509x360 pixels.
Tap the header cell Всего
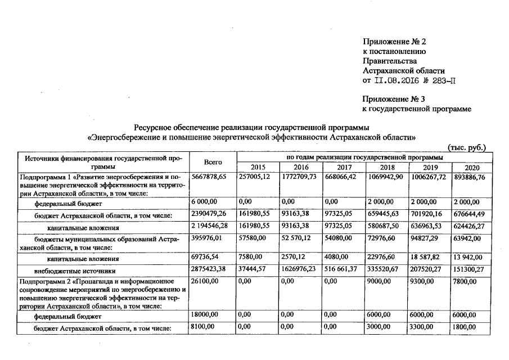213,163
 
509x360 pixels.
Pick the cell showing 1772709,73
301,177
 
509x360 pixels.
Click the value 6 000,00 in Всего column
204,201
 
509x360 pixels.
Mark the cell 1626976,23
301,269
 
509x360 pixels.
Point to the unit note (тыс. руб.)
466,148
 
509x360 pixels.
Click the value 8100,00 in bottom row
202,327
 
